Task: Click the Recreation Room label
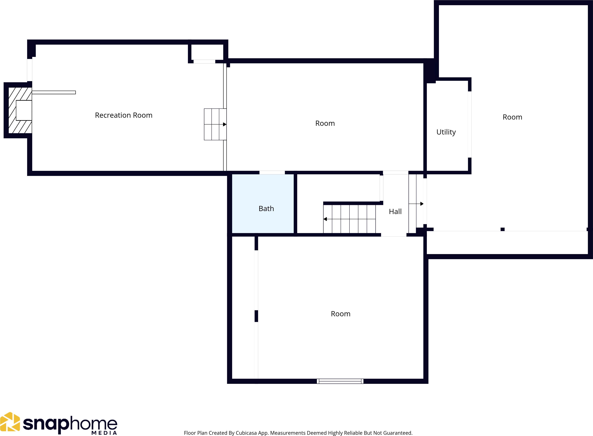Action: [x=123, y=115]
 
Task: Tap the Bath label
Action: [x=266, y=209]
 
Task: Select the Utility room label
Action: [x=446, y=132]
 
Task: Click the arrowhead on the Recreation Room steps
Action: [x=225, y=124]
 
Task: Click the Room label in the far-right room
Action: [x=512, y=117]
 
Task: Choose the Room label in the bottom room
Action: [x=340, y=314]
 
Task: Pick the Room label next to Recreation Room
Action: [x=325, y=123]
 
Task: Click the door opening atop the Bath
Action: [x=272, y=173]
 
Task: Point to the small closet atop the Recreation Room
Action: [x=207, y=52]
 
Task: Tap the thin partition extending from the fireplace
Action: [x=54, y=92]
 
